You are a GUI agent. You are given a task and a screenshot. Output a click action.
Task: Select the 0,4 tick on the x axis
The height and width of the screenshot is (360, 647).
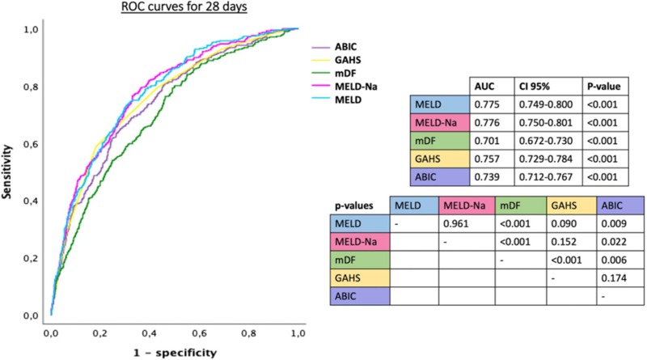tap(149, 332)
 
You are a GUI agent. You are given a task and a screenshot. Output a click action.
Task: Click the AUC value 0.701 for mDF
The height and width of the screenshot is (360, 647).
tap(483, 141)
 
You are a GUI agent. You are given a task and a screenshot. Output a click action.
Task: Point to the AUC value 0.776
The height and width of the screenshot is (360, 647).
tap(483, 123)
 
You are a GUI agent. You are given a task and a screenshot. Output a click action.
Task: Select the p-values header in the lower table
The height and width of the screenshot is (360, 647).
tap(353, 206)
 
